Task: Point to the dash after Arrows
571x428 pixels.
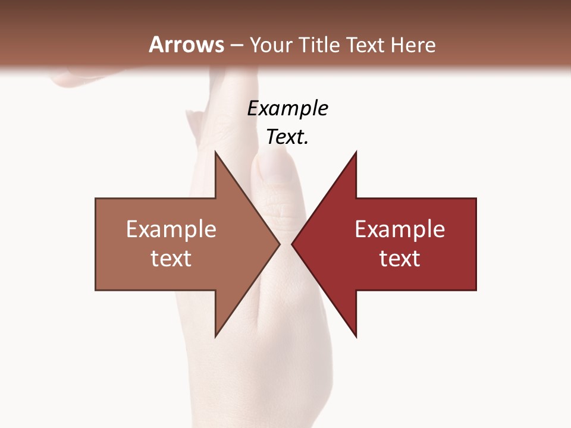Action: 236,45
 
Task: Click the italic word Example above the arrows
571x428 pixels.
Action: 287,109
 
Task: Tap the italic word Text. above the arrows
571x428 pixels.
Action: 287,137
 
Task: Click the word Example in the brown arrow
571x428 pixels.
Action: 171,229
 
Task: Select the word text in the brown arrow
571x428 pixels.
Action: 171,258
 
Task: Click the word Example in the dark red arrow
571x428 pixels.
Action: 400,229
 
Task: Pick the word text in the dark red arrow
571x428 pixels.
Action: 400,258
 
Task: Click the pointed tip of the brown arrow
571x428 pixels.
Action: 278,244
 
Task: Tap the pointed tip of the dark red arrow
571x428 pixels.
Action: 293,244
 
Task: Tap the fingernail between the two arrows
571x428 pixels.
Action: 275,167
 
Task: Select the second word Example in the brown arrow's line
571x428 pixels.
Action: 171,229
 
